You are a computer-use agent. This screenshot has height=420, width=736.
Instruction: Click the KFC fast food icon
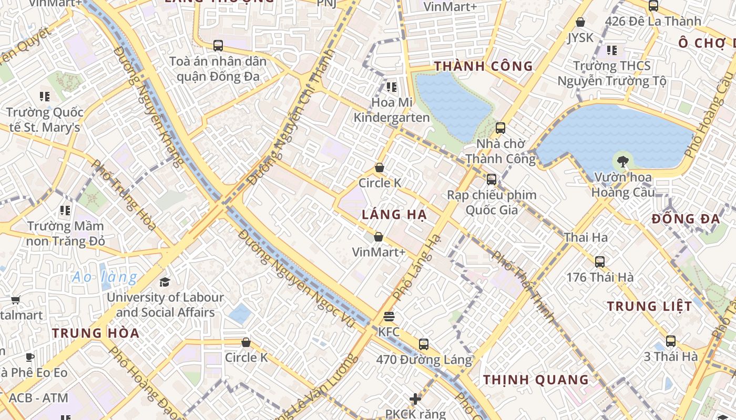(389, 317)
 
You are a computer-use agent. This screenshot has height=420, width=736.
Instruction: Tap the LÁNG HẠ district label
(394, 215)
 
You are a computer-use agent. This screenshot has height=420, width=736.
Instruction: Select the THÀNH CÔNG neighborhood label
(484, 66)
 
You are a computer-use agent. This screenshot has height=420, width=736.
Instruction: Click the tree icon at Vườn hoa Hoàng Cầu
(623, 161)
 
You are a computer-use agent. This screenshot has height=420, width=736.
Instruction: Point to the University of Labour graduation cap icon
(165, 282)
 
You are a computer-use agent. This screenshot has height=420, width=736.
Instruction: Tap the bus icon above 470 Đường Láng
(424, 344)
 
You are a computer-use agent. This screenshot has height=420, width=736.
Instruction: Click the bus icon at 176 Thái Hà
(600, 261)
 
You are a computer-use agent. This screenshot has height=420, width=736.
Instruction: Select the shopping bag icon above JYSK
(580, 22)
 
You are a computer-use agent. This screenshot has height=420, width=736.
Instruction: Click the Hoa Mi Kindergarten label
(392, 110)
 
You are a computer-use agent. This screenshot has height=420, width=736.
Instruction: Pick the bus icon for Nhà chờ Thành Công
(500, 128)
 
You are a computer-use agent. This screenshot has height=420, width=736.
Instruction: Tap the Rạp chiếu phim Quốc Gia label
(492, 203)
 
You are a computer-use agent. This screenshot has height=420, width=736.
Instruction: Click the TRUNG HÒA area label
(96, 333)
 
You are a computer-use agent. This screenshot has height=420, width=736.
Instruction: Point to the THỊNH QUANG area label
(536, 380)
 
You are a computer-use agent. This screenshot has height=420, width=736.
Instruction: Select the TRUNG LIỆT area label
(650, 306)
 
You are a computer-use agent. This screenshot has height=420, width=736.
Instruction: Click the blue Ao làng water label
(105, 277)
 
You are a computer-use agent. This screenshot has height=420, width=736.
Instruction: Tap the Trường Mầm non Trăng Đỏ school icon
(65, 211)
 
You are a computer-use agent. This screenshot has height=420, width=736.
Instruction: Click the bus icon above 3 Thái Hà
(671, 341)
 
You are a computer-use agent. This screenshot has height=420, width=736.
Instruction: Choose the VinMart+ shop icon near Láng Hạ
(379, 237)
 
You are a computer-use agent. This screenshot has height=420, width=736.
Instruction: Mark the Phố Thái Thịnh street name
(524, 286)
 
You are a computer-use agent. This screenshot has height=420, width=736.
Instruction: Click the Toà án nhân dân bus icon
(218, 46)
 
